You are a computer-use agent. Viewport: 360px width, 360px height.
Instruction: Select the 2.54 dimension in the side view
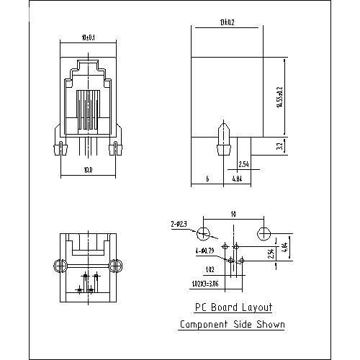pos(243,163)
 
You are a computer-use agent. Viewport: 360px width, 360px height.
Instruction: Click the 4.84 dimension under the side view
pos(238,177)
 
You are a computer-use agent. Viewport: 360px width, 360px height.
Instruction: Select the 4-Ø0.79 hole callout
pos(206,250)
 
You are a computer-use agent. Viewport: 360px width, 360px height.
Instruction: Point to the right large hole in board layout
pos(263,235)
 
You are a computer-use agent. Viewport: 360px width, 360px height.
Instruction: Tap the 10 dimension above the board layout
pos(233,214)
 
